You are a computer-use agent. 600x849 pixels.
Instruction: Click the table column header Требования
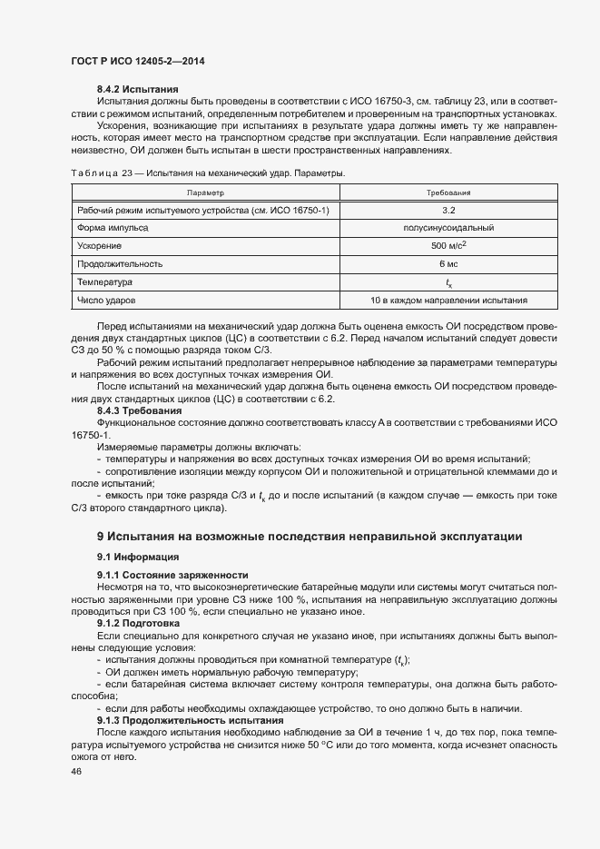(x=448, y=193)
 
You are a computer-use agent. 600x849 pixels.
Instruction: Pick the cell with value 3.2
(x=448, y=211)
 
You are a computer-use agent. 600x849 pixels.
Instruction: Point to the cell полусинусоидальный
(x=448, y=228)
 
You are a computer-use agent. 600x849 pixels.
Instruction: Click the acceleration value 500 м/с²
(x=448, y=245)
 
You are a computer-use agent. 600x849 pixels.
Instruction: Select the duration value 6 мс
(x=448, y=263)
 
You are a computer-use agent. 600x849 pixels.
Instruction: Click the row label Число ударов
(x=107, y=299)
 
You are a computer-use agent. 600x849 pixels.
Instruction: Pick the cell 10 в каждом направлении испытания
(x=448, y=299)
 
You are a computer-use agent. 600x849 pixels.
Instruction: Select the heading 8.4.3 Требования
(x=139, y=410)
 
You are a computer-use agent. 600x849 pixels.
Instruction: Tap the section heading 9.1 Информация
(x=139, y=556)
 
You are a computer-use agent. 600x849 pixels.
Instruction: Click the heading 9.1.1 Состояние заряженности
(x=172, y=576)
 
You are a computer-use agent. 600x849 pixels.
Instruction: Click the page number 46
(x=76, y=772)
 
